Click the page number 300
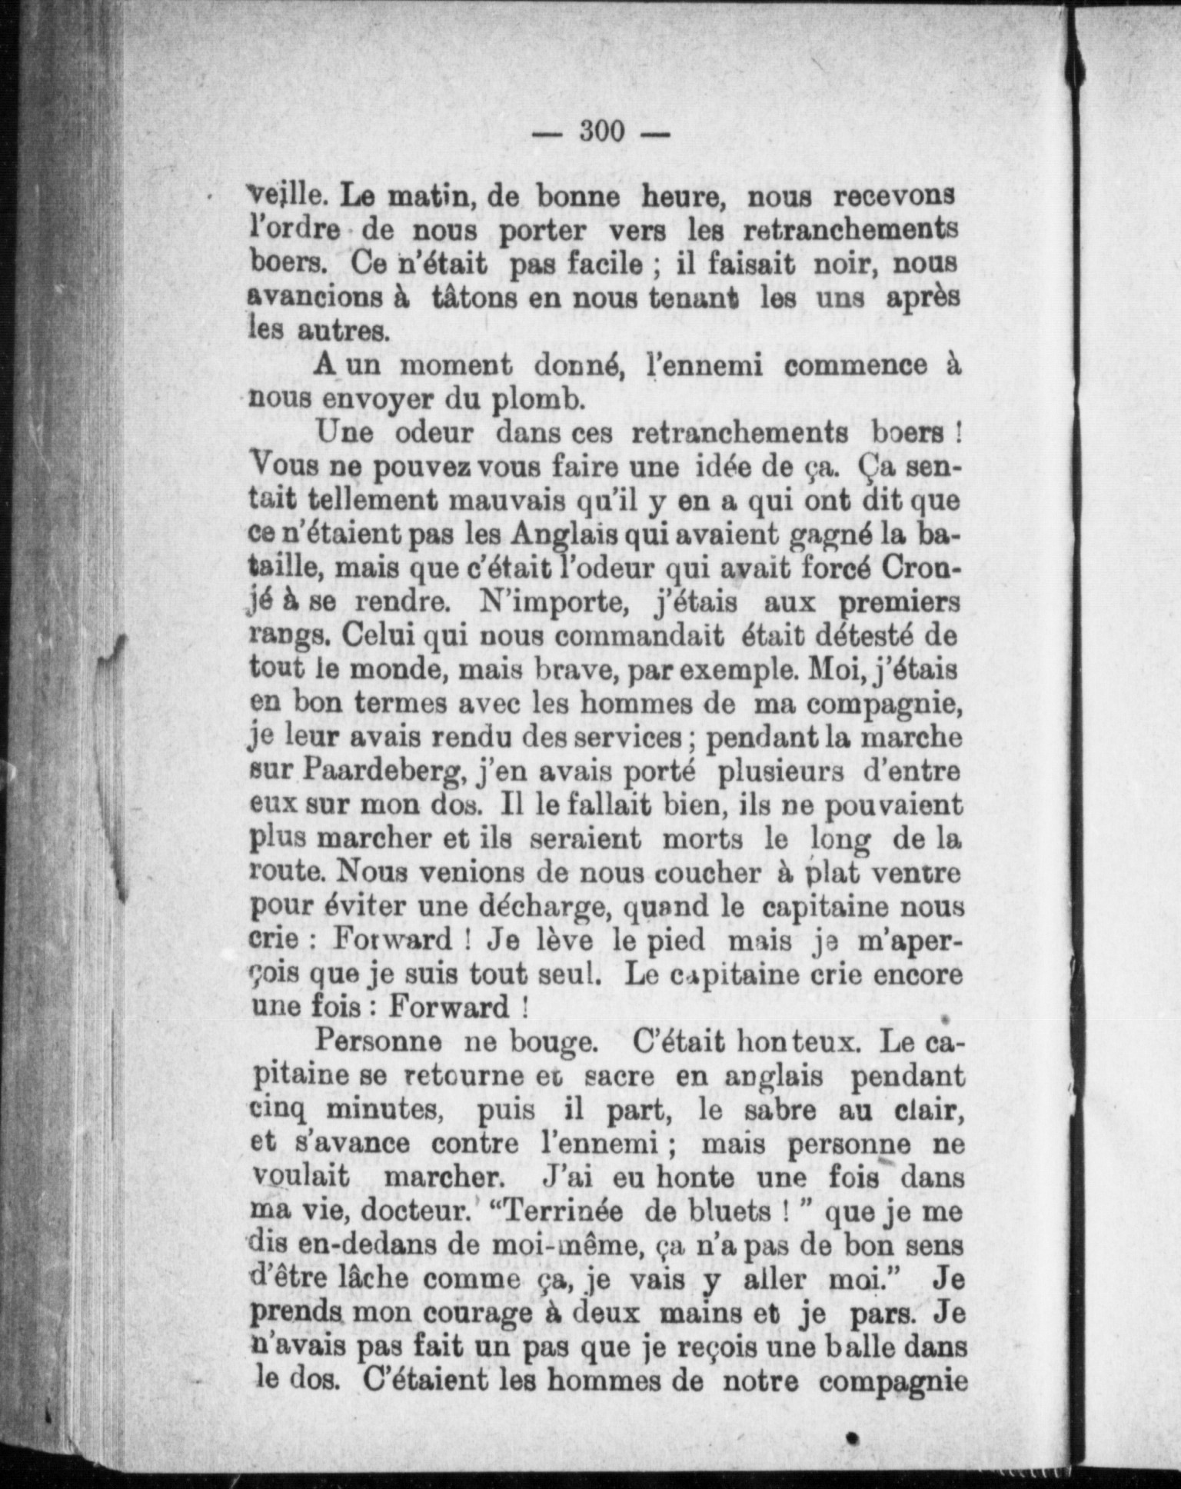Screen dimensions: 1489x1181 click(x=602, y=132)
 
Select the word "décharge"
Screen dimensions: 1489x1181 click(x=544, y=907)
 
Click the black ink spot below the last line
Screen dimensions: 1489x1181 click(x=851, y=1437)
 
